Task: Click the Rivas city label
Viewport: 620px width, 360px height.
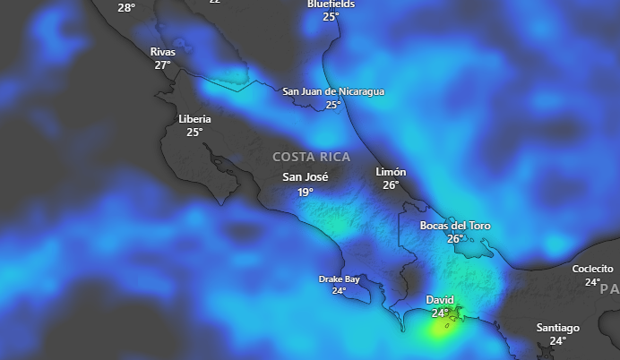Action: click(162, 52)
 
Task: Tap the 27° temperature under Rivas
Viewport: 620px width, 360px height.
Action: click(162, 64)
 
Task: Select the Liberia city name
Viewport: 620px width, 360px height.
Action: click(194, 119)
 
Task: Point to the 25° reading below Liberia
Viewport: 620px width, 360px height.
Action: click(194, 132)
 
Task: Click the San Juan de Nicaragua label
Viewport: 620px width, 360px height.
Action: click(333, 91)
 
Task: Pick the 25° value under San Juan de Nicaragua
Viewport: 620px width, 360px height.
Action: click(333, 105)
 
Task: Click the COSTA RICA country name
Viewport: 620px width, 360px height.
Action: click(312, 157)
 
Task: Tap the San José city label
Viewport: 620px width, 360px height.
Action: click(306, 177)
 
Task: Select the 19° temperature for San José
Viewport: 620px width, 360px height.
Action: click(306, 192)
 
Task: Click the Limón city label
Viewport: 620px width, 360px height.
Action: click(391, 172)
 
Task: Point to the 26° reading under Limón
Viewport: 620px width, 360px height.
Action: click(391, 185)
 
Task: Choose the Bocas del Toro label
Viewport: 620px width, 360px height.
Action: click(455, 226)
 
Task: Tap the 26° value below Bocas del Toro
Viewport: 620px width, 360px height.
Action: click(455, 239)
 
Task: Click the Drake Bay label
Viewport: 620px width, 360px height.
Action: click(339, 279)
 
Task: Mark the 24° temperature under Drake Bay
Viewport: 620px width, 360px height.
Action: click(339, 290)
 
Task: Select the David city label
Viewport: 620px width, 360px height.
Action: click(440, 300)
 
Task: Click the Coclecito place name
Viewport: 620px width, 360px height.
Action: click(593, 269)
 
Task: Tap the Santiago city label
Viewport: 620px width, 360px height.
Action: click(558, 328)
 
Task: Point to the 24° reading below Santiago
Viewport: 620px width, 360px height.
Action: click(558, 340)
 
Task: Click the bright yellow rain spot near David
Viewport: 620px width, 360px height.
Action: click(438, 330)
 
